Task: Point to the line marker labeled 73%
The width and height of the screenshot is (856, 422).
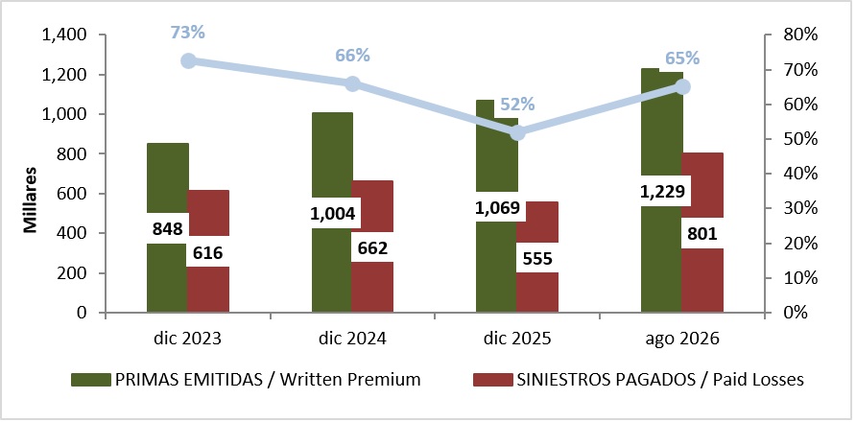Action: click(x=189, y=60)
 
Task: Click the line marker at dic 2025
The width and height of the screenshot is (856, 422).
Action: click(x=517, y=132)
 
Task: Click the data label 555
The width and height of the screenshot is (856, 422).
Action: click(x=537, y=258)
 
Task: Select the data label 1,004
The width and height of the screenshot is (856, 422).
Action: click(x=333, y=213)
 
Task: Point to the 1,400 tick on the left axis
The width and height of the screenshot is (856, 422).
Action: click(x=64, y=35)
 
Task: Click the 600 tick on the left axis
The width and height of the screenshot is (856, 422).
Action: click(x=73, y=194)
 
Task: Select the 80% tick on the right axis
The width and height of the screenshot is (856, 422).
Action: click(x=799, y=35)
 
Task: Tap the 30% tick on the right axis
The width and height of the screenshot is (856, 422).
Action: click(x=799, y=208)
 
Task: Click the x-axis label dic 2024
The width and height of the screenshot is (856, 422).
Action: click(x=352, y=339)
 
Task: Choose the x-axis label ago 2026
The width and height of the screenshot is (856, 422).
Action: click(x=682, y=339)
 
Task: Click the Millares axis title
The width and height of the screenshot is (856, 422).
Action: click(x=31, y=200)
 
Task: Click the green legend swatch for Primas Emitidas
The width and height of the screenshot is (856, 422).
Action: click(x=90, y=380)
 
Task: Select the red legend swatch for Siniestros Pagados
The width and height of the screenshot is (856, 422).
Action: click(x=492, y=380)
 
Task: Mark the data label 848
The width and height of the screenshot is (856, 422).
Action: click(x=168, y=228)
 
